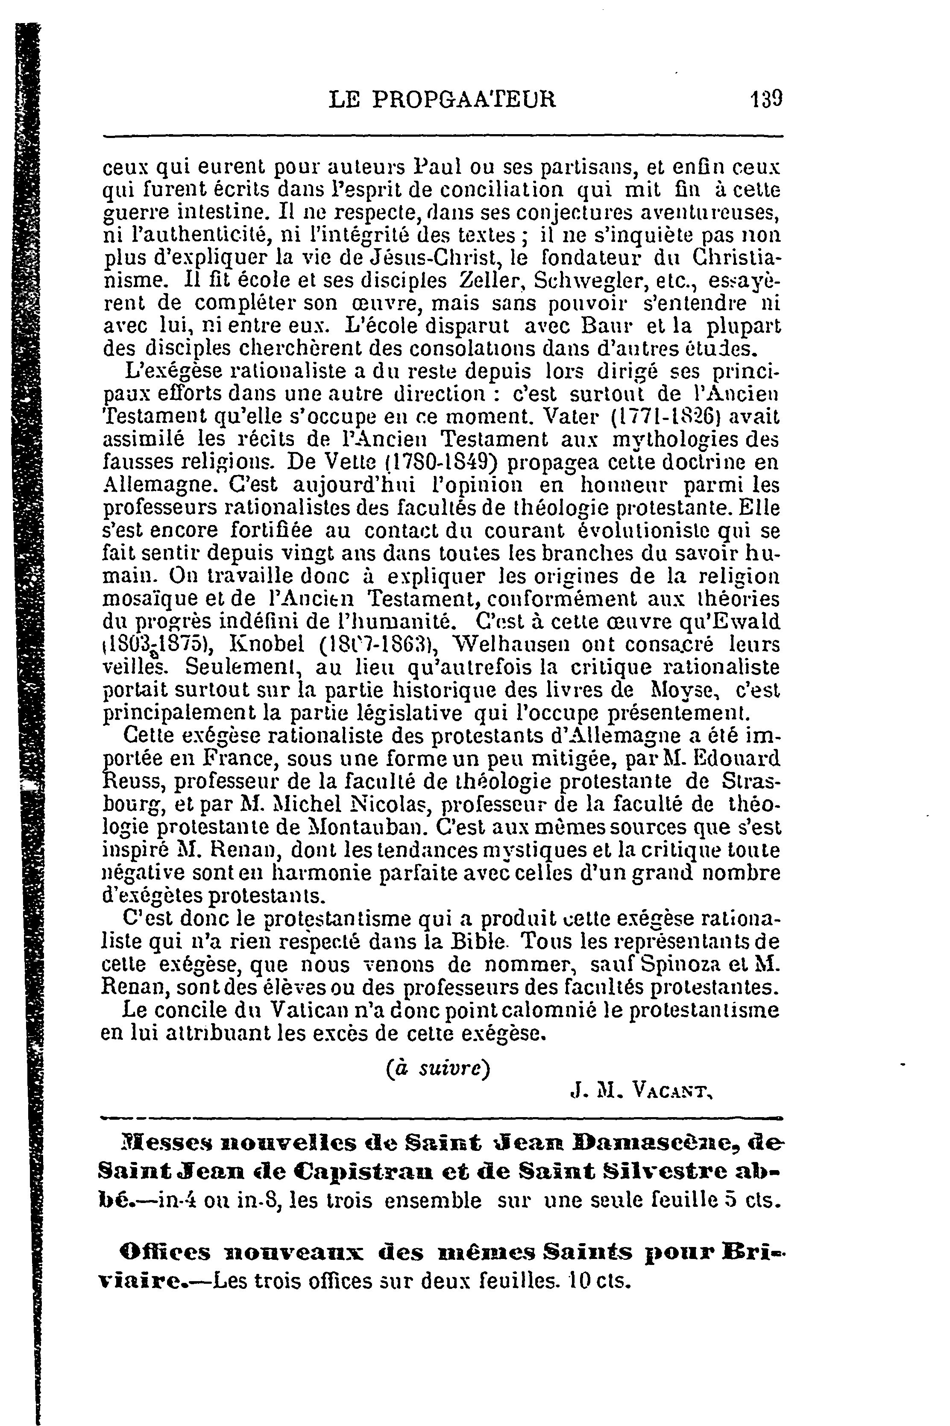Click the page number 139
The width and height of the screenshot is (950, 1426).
click(x=766, y=99)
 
